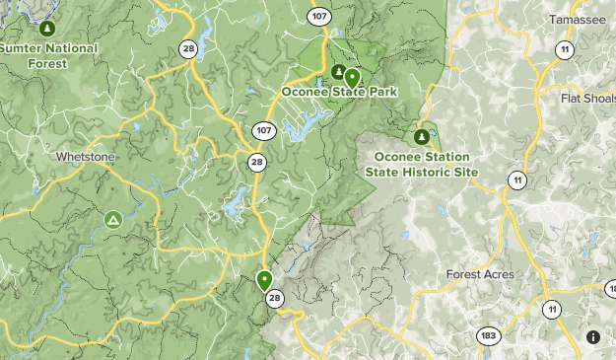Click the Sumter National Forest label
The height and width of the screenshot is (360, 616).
tap(49, 55)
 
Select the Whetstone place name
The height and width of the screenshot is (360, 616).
tap(86, 157)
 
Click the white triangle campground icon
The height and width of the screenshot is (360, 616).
tap(113, 218)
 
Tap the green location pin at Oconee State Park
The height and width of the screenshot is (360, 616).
tap(352, 78)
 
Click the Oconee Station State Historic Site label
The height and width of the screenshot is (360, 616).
tap(422, 164)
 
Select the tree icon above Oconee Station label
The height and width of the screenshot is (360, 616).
tap(422, 136)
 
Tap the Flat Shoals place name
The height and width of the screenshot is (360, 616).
tap(587, 99)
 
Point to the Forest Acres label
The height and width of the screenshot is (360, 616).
tap(479, 274)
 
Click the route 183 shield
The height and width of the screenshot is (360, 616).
tap(488, 335)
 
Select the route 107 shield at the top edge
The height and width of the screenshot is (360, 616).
tap(317, 16)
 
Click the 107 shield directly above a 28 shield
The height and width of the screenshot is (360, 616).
tap(262, 130)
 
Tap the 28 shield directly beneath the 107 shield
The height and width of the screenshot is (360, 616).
tap(257, 163)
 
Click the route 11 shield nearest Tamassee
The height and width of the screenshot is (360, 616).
tap(564, 49)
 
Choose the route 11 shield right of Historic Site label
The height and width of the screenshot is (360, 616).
tap(516, 179)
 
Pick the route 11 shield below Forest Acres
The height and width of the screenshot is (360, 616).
tap(551, 310)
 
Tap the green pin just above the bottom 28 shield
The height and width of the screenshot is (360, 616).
tap(264, 280)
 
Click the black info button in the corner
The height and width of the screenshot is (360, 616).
tap(593, 337)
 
